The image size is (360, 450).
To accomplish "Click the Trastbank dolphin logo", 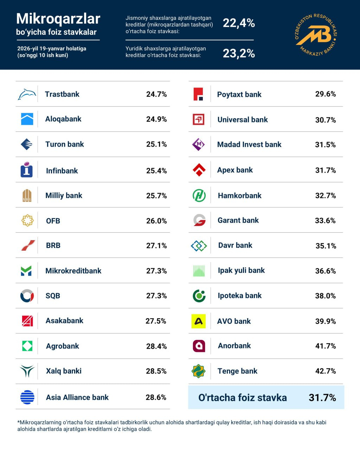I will [x=27, y=94].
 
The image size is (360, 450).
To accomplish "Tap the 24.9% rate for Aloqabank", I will [x=156, y=119].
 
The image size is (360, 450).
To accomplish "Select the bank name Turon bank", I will [x=65, y=144].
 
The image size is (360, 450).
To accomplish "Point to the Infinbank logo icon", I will [x=27, y=170].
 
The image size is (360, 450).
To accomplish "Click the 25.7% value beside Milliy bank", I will [x=156, y=195].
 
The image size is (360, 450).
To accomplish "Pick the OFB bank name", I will [x=53, y=221].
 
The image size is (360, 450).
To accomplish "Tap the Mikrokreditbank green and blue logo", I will [x=26, y=271].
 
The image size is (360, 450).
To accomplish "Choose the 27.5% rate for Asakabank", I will [x=156, y=321].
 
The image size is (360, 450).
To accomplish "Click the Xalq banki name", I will [x=64, y=371].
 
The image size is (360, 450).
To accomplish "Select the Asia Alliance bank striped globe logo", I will [x=27, y=397].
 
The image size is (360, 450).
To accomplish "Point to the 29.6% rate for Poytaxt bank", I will [x=326, y=94].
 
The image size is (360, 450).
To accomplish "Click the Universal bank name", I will [x=243, y=120].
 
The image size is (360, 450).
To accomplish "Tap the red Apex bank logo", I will [x=199, y=170].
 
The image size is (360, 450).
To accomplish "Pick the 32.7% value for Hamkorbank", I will [x=326, y=195].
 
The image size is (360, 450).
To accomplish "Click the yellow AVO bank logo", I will [x=199, y=321].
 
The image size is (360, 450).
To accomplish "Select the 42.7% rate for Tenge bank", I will [x=326, y=371].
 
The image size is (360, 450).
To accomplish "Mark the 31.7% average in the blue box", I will [x=322, y=398].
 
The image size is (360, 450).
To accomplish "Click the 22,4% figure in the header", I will [x=239, y=23].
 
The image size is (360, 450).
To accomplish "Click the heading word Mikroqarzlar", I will [x=58, y=19].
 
